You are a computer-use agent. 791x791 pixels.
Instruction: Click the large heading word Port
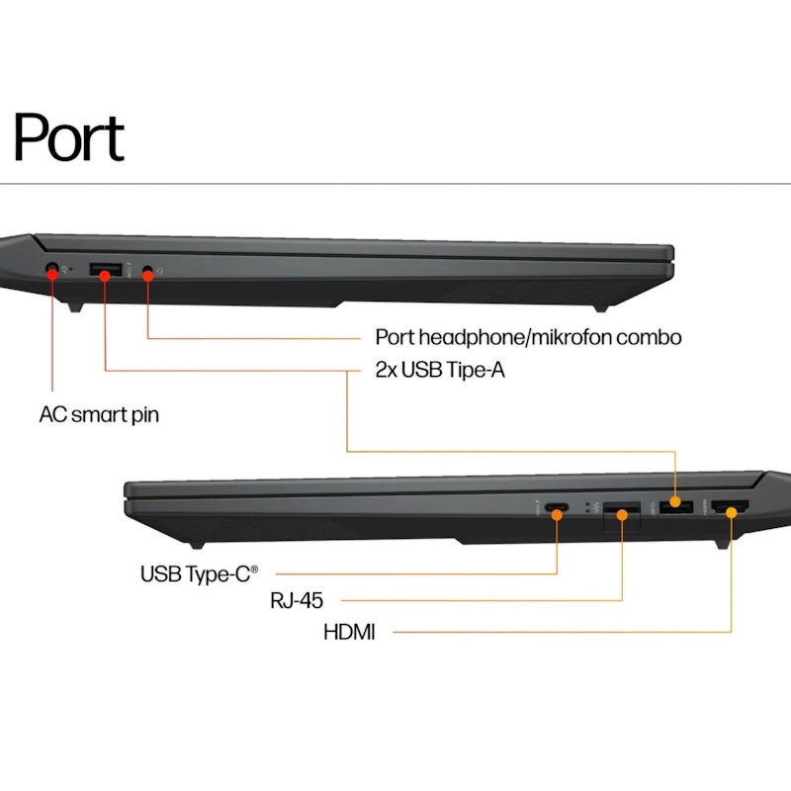[x=68, y=136]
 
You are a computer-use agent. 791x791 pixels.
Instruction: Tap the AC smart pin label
[x=99, y=415]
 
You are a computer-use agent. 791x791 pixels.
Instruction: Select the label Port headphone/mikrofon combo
[x=528, y=337]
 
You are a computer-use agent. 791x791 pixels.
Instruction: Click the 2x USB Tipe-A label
[x=440, y=370]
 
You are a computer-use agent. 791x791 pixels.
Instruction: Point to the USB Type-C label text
[x=200, y=574]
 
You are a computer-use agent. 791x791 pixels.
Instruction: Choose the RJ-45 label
[x=297, y=600]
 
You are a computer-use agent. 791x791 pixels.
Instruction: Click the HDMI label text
[x=349, y=632]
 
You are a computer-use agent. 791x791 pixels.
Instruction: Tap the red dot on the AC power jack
[x=52, y=275]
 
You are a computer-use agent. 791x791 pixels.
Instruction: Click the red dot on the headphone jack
[x=147, y=276]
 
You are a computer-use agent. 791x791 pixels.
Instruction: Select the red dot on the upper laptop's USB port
[x=105, y=276]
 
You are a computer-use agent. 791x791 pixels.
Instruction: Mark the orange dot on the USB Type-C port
[x=557, y=515]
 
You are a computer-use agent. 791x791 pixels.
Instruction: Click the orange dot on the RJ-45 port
[x=622, y=515]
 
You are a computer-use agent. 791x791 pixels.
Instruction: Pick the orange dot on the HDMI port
[x=731, y=513]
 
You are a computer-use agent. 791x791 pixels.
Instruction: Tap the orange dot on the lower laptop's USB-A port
[x=675, y=502]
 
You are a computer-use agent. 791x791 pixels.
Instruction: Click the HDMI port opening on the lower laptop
[x=730, y=506]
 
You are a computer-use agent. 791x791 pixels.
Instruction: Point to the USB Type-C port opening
[x=557, y=507]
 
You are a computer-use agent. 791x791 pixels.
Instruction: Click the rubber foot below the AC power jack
[x=75, y=307]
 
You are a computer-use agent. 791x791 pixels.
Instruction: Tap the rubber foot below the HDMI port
[x=723, y=544]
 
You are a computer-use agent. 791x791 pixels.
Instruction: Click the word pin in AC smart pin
[x=145, y=415]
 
